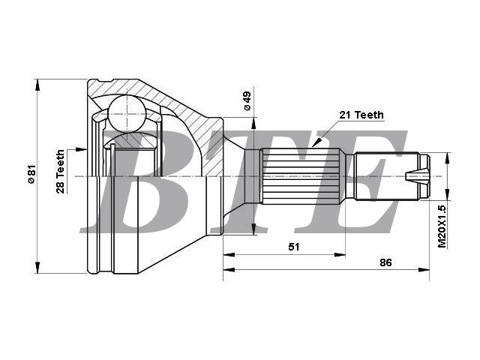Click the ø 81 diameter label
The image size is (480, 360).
coord(31,174)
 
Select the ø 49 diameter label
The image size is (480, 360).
coord(247,100)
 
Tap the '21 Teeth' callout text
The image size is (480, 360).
coord(361,115)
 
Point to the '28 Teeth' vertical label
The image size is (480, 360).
coord(60,172)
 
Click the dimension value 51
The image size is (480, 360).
coord(294,247)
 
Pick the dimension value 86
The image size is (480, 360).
coord(385,262)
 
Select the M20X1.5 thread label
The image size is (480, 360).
coord(442,226)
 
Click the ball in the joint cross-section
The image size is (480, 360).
coord(127,113)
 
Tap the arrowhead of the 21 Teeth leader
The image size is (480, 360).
coord(316,142)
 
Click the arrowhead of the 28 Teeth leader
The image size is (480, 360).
coord(82,149)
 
